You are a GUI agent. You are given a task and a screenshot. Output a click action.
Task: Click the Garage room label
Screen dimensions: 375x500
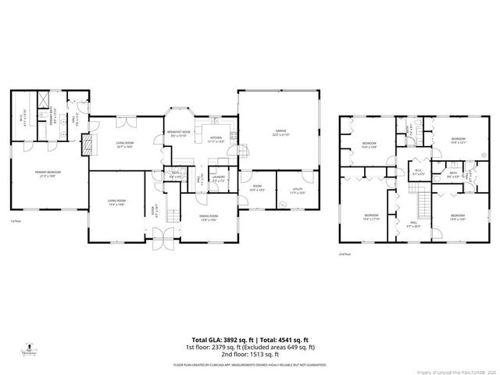coord(280,132)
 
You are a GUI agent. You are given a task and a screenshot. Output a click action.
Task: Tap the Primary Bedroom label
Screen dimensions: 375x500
coord(48,173)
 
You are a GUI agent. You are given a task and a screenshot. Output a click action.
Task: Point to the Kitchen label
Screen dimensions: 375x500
coord(216,139)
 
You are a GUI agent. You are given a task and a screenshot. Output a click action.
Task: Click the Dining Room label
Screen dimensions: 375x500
coord(208,217)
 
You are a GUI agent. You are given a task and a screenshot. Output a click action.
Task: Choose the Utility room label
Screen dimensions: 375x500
coord(298,190)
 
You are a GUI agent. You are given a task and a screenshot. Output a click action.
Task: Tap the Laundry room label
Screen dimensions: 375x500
coord(218,180)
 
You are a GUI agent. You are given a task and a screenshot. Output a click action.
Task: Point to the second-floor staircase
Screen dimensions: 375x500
coord(422,205)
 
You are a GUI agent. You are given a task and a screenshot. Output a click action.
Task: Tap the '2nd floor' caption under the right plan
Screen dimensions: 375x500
coord(345,254)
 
